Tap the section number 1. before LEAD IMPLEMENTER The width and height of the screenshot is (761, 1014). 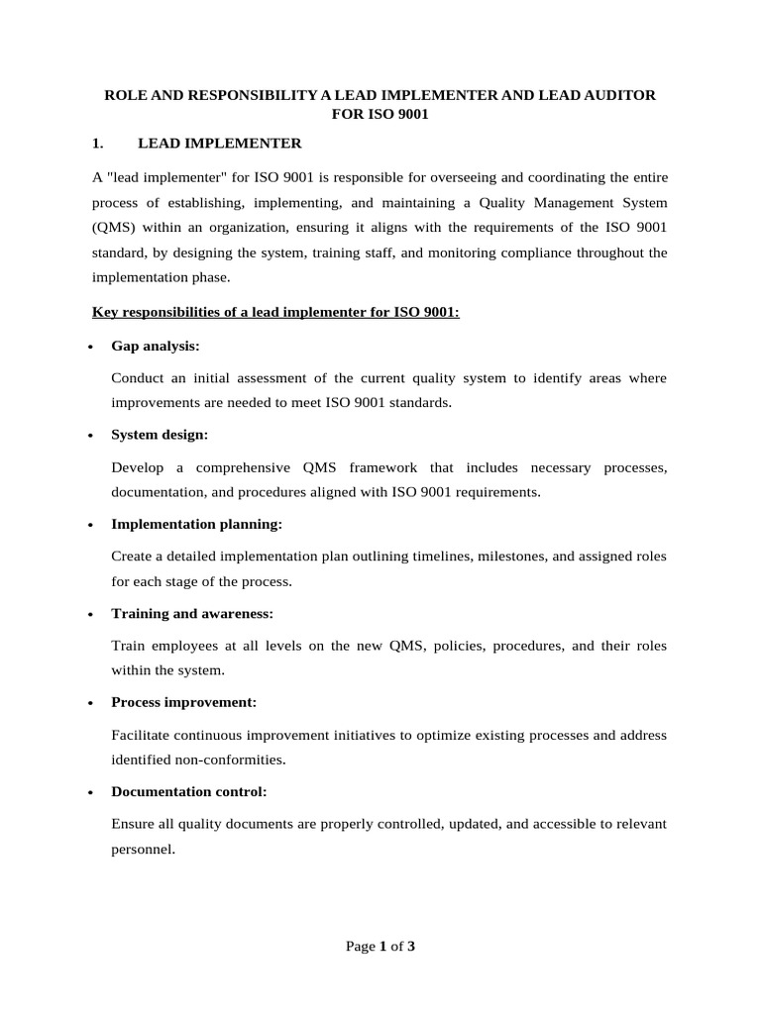pyautogui.click(x=98, y=144)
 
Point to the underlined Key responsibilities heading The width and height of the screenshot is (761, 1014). pyautogui.click(x=275, y=313)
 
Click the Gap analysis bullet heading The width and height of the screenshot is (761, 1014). pyautogui.click(x=156, y=347)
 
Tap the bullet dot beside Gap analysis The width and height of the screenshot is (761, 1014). pyautogui.click(x=92, y=348)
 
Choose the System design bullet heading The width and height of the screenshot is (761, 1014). pyautogui.click(x=160, y=436)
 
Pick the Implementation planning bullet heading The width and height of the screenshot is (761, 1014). pyautogui.click(x=196, y=524)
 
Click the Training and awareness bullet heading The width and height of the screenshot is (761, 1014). pyautogui.click(x=192, y=614)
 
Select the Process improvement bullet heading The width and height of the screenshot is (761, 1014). pyautogui.click(x=183, y=702)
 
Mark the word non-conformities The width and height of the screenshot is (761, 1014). pyautogui.click(x=236, y=760)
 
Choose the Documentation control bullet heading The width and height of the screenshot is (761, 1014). pyautogui.click(x=188, y=792)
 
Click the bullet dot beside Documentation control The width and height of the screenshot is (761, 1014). pyautogui.click(x=92, y=793)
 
